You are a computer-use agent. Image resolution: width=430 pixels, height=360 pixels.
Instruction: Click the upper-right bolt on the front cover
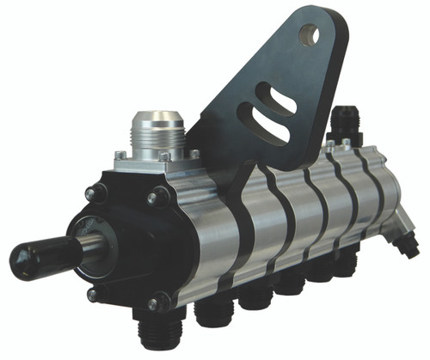[157, 198]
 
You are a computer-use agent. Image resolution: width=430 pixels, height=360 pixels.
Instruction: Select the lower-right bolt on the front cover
[158, 302]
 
